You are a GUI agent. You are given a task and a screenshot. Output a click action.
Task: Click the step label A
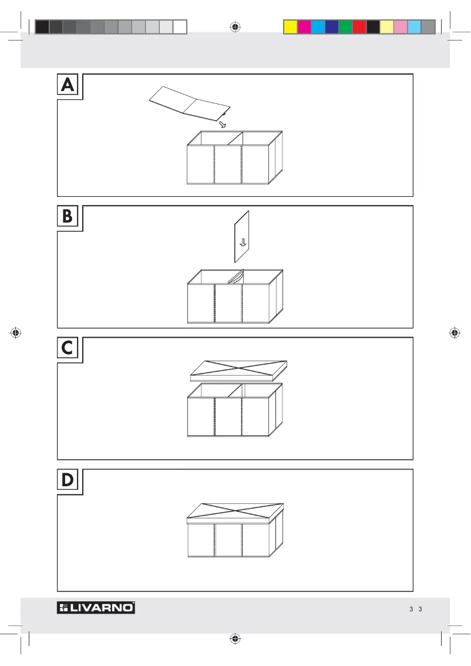(69, 86)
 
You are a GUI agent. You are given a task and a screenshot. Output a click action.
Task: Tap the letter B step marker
(69, 217)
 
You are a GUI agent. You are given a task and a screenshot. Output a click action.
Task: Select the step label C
(69, 349)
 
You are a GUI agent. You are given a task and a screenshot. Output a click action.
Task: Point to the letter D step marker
(69, 481)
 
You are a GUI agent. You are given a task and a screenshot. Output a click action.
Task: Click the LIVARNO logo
(96, 608)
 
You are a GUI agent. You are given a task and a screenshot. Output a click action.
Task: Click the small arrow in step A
(222, 125)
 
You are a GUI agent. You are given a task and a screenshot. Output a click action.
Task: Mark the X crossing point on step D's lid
(235, 511)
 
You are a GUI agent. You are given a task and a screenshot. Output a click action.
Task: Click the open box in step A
(234, 159)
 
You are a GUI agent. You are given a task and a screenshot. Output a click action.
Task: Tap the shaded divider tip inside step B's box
(237, 277)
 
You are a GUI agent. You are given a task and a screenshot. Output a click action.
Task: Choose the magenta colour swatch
(304, 27)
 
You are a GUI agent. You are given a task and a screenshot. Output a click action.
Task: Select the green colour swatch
(345, 27)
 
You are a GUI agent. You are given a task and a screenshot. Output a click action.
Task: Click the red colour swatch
(359, 27)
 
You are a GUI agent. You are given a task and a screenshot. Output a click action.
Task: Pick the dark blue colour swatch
(331, 27)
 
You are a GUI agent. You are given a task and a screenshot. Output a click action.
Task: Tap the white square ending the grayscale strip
(180, 27)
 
